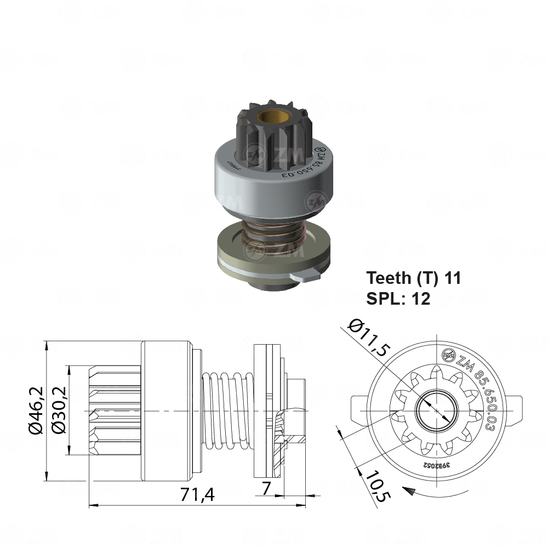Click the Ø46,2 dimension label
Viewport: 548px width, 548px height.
pyautogui.click(x=36, y=411)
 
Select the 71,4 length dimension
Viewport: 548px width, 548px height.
pyautogui.click(x=198, y=494)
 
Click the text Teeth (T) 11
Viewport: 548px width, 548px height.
pyautogui.click(x=414, y=278)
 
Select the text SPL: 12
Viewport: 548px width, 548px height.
pyautogui.click(x=398, y=298)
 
